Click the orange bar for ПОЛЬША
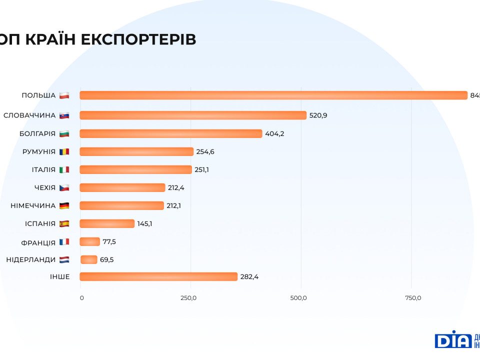tap(273, 95)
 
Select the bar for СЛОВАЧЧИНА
tap(193, 115)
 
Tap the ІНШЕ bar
tap(158, 276)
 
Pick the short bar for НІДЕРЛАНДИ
tap(89, 259)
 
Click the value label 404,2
tap(274, 133)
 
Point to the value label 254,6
tap(205, 151)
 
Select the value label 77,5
tap(109, 241)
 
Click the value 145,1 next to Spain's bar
tap(144, 223)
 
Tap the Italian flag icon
tap(64, 169)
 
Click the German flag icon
tap(64, 205)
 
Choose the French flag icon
tap(64, 241)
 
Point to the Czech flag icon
tap(64, 187)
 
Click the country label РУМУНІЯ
tap(39, 151)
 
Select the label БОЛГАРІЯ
tap(37, 133)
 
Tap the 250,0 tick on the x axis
tap(189, 298)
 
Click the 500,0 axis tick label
tap(298, 298)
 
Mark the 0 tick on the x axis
tap(82, 298)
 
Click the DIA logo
tap(453, 339)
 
